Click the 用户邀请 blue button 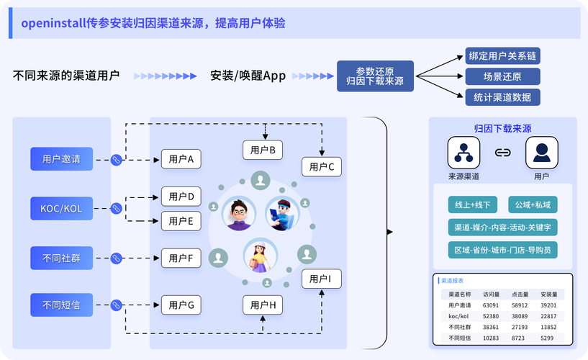click(61, 159)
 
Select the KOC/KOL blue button click(61, 209)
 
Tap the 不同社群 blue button click(61, 257)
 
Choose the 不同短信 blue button click(61, 305)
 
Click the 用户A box click(181, 159)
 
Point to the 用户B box click(263, 150)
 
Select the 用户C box click(322, 167)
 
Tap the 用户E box click(181, 221)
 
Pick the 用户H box click(263, 305)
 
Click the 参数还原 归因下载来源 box click(375, 76)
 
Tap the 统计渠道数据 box click(502, 96)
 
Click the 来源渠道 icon click(463, 152)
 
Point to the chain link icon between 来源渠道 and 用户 click(502, 153)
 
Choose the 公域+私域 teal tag click(532, 204)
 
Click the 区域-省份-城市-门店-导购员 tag click(502, 250)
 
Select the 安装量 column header click(548, 294)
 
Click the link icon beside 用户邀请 click(115, 160)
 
